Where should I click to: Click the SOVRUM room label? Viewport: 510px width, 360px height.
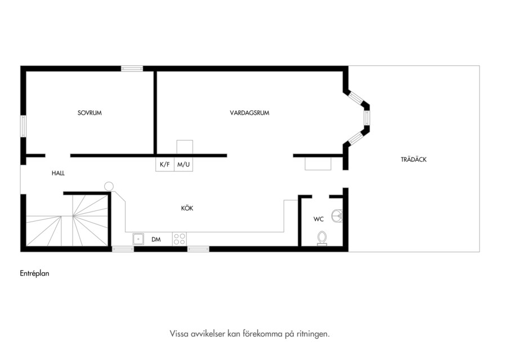pyautogui.click(x=90, y=113)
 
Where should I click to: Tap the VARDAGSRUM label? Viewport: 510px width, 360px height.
pyautogui.click(x=249, y=113)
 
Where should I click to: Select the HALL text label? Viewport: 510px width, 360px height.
pyautogui.click(x=58, y=173)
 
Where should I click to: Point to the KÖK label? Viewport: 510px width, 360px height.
pyautogui.click(x=187, y=208)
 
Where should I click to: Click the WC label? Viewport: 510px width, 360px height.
pyautogui.click(x=319, y=219)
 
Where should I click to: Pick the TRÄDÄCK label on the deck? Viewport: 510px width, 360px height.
pyautogui.click(x=413, y=160)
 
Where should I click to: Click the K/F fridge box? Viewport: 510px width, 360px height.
pyautogui.click(x=165, y=164)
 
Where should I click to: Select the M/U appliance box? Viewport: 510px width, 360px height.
pyautogui.click(x=184, y=164)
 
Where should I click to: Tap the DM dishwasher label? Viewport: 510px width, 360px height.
pyautogui.click(x=156, y=240)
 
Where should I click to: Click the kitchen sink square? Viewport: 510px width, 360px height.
pyautogui.click(x=138, y=239)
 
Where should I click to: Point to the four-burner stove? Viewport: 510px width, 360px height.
pyautogui.click(x=180, y=239)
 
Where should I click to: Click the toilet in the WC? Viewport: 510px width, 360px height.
pyautogui.click(x=322, y=238)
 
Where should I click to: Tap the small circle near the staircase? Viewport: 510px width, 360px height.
pyautogui.click(x=109, y=187)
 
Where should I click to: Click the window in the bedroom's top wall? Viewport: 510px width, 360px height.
pyautogui.click(x=132, y=69)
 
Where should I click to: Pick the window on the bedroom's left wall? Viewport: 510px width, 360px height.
pyautogui.click(x=23, y=126)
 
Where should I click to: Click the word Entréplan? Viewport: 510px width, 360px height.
pyautogui.click(x=34, y=273)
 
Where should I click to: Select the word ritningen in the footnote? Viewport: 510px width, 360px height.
pyautogui.click(x=312, y=334)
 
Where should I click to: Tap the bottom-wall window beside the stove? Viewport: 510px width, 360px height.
pyautogui.click(x=198, y=249)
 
